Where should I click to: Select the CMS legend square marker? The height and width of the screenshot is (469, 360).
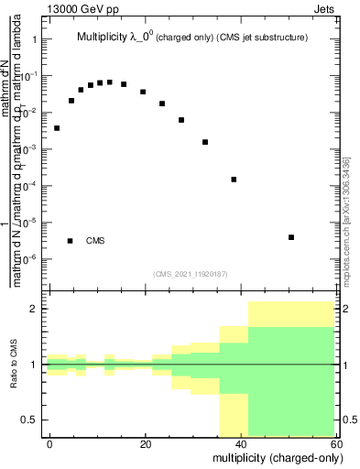click(71, 241)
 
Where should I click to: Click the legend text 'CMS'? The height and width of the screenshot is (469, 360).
click(95, 241)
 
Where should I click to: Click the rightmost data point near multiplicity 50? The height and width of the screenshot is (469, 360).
click(290, 237)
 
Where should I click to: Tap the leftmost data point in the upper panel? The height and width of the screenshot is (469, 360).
click(57, 128)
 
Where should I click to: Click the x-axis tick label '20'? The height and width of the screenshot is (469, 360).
click(145, 443)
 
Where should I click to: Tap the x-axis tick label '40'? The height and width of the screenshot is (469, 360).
click(241, 443)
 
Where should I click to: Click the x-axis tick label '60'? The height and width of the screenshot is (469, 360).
click(336, 443)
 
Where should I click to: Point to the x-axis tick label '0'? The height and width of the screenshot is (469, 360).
click(49, 443)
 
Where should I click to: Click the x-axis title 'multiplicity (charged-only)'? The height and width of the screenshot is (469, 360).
click(274, 457)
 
